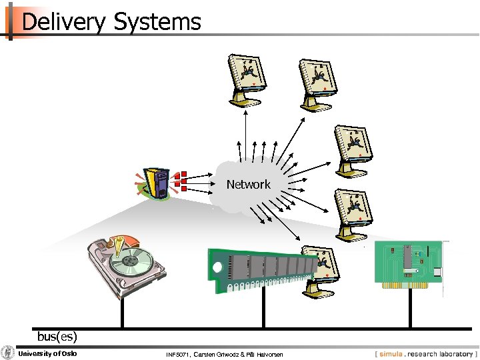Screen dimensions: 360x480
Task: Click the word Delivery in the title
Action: coord(63,22)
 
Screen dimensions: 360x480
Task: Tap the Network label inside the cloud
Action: coord(248,185)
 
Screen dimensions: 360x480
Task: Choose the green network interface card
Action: coord(408,265)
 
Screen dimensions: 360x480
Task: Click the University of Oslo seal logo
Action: coord(8,353)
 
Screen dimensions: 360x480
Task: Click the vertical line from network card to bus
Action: coord(408,310)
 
